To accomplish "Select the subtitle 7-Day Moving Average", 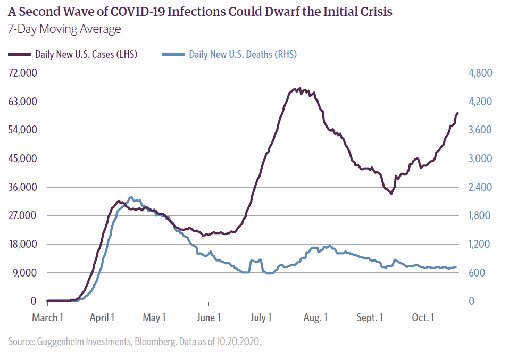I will pyautogui.click(x=64, y=29).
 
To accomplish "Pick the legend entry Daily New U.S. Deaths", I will pyautogui.click(x=243, y=54).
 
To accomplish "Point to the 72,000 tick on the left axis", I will pyautogui.click(x=22, y=73).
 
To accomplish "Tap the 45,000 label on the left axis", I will pyautogui.click(x=22, y=158).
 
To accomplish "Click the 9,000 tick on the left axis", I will pyautogui.click(x=24, y=273).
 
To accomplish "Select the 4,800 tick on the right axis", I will pyautogui.click(x=481, y=73).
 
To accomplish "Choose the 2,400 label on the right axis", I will pyautogui.click(x=481, y=187).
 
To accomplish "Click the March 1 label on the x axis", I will pyautogui.click(x=47, y=318).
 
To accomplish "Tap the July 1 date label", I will pyautogui.click(x=261, y=318).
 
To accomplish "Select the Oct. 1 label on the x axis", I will pyautogui.click(x=423, y=318).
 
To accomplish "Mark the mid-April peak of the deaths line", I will pyautogui.click(x=131, y=196).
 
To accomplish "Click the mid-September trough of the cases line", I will pyautogui.click(x=391, y=194).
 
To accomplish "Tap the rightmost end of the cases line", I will pyautogui.click(x=458, y=113).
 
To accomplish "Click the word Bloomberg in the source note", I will pyautogui.click(x=127, y=341).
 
